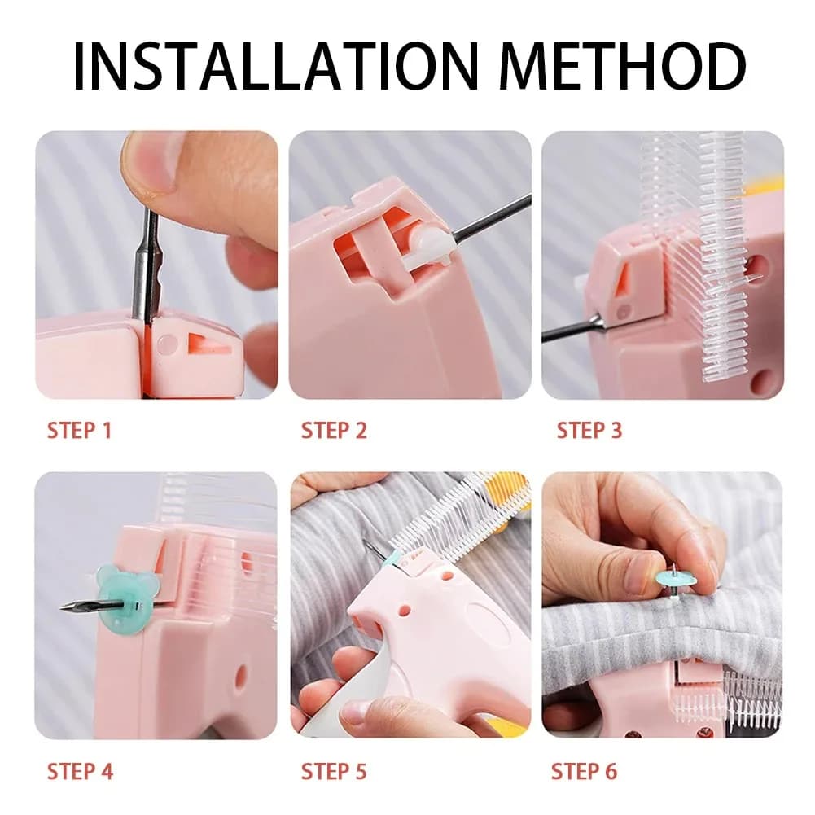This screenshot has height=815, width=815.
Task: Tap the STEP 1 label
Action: tap(79, 430)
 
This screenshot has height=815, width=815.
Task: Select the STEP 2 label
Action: tap(334, 430)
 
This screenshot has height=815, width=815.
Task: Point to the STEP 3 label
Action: tap(589, 430)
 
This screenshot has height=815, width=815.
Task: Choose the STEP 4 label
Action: tap(80, 770)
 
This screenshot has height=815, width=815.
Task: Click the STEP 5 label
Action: tap(334, 770)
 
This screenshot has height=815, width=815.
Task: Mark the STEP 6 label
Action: tap(584, 770)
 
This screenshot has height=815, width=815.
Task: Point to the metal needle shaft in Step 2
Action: tap(493, 217)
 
